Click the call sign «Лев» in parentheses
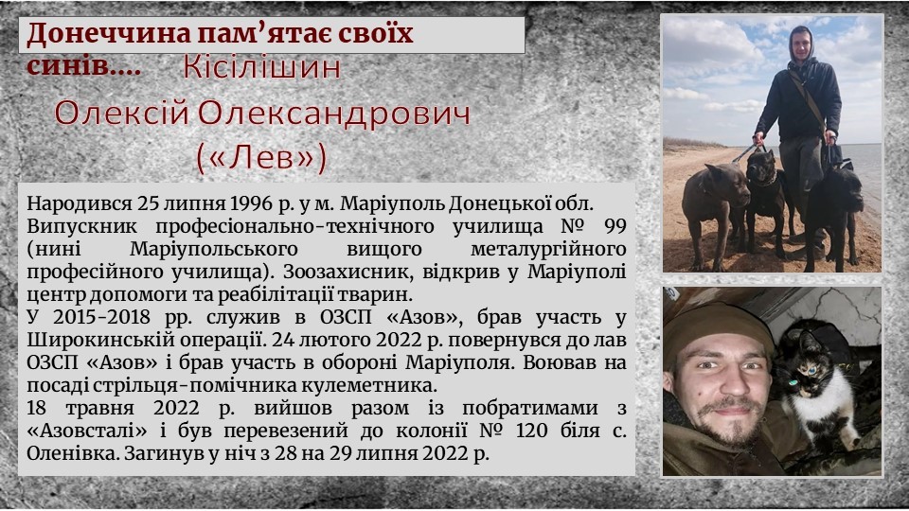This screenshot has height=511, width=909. click(262, 158)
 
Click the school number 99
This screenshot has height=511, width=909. click(615, 226)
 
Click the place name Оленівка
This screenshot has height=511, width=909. click(73, 453)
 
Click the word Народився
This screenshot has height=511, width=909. click(79, 204)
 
